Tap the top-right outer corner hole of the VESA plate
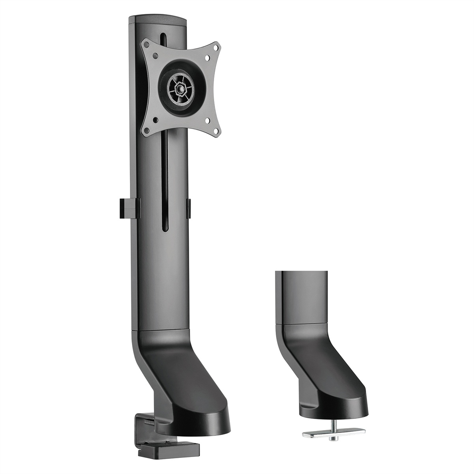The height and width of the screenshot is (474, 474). click(216, 47)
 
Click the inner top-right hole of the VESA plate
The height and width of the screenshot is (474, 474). click(207, 58)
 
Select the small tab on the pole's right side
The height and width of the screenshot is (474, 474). click(188, 208)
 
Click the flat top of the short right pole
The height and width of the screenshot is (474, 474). click(302, 272)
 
